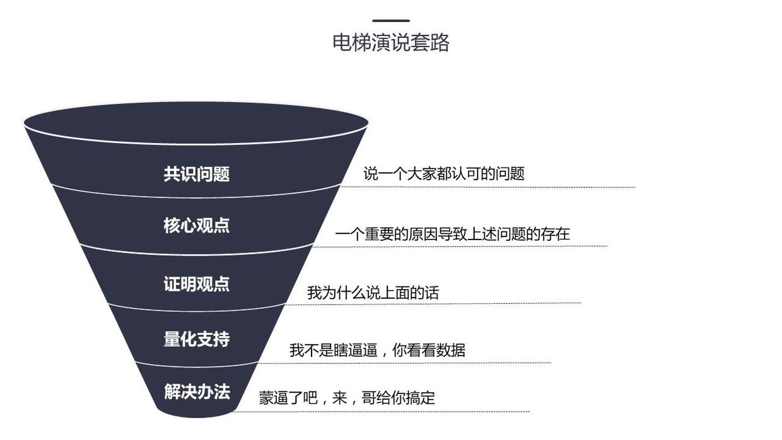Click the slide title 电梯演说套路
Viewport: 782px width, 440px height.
coord(390,43)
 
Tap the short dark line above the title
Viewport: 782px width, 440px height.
coord(390,21)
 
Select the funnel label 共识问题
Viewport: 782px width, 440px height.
coord(196,174)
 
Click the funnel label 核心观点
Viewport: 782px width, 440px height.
coord(196,225)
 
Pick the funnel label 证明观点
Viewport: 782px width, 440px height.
coord(196,284)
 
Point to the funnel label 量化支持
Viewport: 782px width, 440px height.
coord(196,339)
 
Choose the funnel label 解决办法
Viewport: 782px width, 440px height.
coord(197,391)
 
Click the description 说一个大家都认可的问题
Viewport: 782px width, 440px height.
coord(443,173)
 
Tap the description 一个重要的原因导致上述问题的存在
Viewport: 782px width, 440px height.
coord(452,234)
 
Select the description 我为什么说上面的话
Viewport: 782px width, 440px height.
coord(373,292)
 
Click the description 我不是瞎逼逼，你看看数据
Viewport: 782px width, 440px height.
coord(377,350)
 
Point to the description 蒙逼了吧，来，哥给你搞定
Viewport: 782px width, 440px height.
coord(347,398)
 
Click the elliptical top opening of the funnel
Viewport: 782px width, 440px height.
coord(196,122)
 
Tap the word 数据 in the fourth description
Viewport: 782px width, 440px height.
coord(451,350)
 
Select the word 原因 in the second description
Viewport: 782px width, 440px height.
coord(423,234)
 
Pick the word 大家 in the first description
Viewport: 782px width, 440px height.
coord(421,173)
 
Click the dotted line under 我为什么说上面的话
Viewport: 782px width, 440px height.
coord(441,304)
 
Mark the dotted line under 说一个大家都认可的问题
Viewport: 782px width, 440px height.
coord(492,187)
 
